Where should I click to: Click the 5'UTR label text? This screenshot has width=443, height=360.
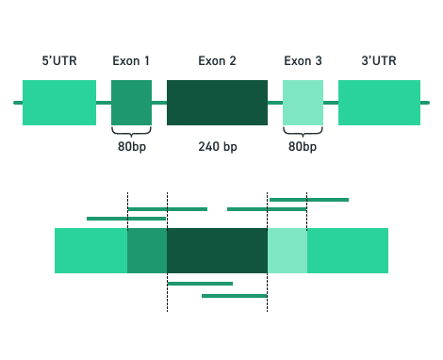59,60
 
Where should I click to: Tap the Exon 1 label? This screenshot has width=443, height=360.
131,60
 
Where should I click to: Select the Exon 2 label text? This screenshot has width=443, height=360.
217,60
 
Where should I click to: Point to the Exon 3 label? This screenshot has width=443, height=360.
303,60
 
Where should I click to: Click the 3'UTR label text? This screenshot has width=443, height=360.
379,60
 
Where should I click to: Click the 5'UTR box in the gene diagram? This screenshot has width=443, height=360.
59,103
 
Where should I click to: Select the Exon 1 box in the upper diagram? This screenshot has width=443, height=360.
131,103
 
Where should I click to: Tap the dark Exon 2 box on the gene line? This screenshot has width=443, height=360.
217,103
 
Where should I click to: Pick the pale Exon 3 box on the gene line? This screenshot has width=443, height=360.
303,103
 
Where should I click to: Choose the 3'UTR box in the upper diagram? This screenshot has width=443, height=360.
379,103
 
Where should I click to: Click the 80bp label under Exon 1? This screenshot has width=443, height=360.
132,147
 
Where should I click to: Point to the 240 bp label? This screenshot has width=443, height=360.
218,147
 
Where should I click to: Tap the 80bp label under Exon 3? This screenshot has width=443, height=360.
303,147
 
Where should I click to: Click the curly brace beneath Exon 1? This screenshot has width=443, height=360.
131,134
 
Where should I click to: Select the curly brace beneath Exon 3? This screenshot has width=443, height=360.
303,134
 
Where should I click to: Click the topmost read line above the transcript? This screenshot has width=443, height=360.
309,200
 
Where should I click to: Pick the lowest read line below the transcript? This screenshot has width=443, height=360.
235,296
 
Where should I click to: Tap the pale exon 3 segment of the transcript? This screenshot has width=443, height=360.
287,251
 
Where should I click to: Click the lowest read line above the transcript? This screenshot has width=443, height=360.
126,219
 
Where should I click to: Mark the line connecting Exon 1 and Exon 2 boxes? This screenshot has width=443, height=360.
159,103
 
